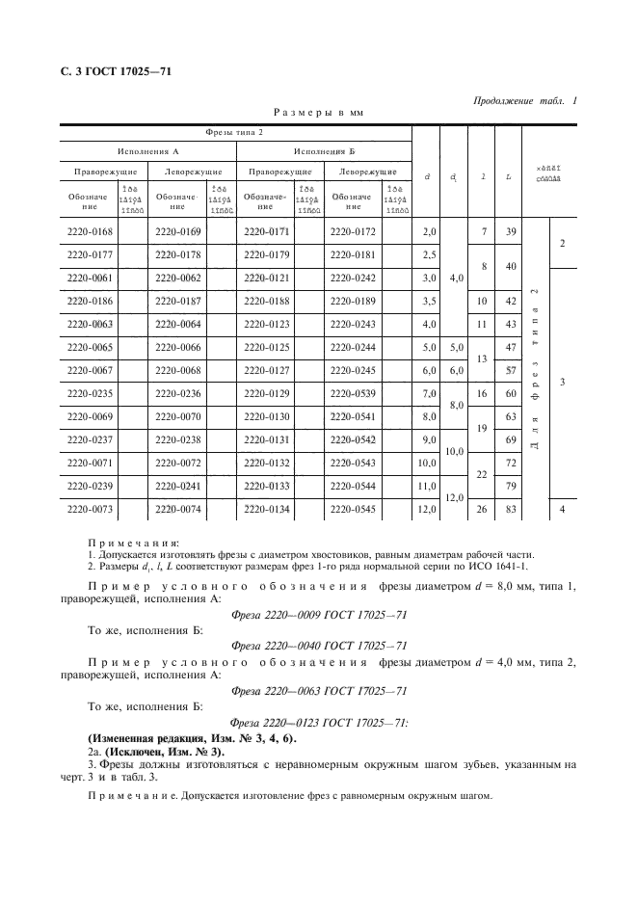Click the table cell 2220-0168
(89, 231)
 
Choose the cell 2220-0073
(89, 508)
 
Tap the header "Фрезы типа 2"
(235, 132)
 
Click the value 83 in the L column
(510, 508)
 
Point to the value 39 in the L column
(510, 231)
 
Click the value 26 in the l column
(482, 508)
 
